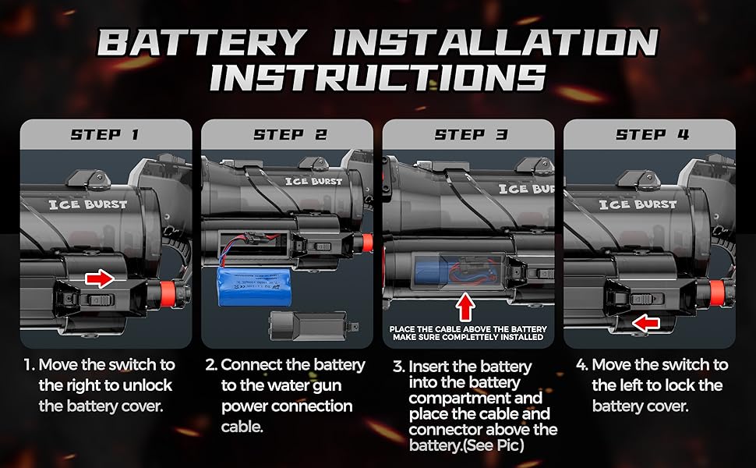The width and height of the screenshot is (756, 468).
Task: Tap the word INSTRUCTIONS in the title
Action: (x=378, y=77)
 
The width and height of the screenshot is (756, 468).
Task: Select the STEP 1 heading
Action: (x=104, y=134)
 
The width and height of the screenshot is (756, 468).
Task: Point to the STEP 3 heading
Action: (x=470, y=134)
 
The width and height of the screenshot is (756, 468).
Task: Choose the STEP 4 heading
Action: (x=652, y=134)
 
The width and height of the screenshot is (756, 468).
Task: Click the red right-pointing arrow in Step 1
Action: (x=99, y=277)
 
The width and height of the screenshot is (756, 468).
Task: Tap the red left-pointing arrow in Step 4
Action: (x=643, y=321)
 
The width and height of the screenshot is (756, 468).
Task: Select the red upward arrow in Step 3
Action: (x=466, y=305)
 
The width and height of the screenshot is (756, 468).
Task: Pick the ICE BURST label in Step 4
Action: (x=642, y=204)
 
